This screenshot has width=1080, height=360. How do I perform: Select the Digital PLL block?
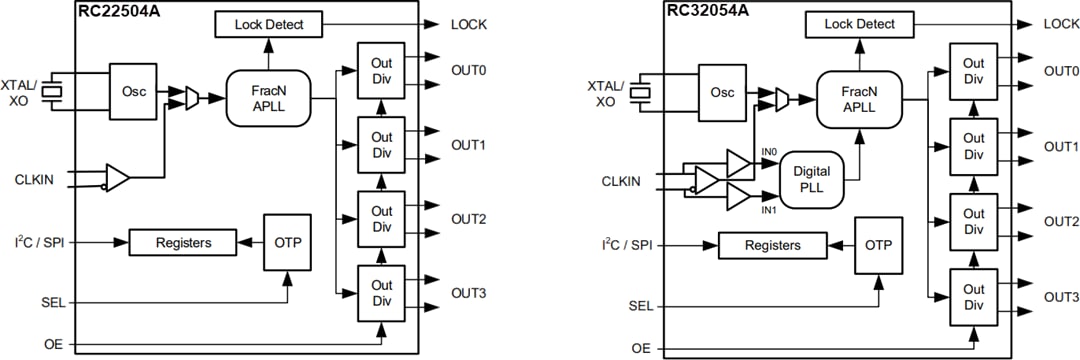(x=811, y=179)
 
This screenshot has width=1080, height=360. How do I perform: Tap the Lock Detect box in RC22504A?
(x=267, y=24)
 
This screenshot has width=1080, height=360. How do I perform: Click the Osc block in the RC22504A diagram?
(x=133, y=91)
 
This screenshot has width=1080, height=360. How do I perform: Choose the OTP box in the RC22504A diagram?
(x=287, y=241)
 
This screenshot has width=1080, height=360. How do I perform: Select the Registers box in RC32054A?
(x=773, y=245)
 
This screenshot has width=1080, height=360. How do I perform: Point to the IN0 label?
(x=768, y=152)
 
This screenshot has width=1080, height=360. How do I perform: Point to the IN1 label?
(x=768, y=209)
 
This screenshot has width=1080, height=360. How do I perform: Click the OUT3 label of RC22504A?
(x=468, y=293)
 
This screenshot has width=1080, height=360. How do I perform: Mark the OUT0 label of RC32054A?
(x=1061, y=71)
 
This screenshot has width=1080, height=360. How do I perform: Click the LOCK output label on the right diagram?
(x=1061, y=24)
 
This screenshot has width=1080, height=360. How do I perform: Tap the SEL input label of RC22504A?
(x=53, y=301)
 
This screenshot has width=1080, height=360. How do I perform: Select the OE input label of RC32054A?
(x=640, y=348)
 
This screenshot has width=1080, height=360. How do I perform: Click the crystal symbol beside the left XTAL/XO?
(x=60, y=92)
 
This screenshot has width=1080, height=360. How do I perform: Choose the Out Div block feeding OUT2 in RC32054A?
(x=973, y=221)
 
